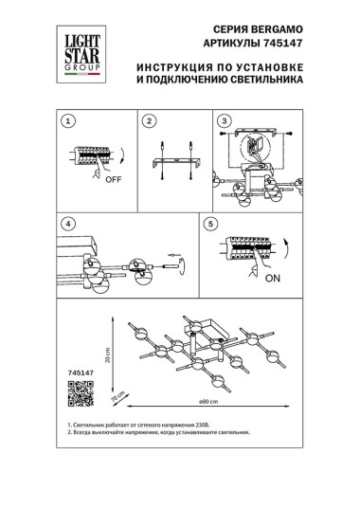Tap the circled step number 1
[66, 122]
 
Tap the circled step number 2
[149, 122]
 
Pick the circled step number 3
[225, 122]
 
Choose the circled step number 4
[66, 224]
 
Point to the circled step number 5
[211, 225]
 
